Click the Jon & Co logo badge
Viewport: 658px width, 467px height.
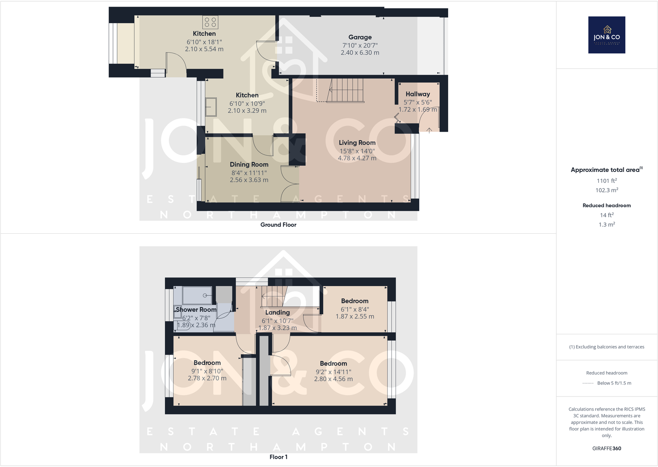coord(606,35)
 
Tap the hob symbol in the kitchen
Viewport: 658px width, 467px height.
coord(210,22)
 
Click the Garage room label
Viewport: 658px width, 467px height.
coord(360,37)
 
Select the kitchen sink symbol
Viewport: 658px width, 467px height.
coord(211,107)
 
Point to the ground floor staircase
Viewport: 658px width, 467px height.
coord(345,90)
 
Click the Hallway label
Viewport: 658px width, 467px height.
coord(418,94)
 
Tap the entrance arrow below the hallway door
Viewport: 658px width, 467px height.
coord(429,131)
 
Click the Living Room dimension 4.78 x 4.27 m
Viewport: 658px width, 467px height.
coord(357,158)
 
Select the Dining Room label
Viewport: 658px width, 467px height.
coord(249,165)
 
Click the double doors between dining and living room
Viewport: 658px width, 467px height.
coord(289,184)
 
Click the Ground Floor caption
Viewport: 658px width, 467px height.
coord(278,225)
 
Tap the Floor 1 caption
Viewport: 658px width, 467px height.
coord(278,457)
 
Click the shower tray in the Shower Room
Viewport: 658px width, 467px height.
coord(197,295)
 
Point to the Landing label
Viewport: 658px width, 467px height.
coord(277,312)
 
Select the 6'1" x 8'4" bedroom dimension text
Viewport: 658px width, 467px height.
coord(355,309)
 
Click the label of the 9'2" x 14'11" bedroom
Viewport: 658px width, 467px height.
coord(333,363)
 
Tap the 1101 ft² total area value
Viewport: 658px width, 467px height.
coord(606,181)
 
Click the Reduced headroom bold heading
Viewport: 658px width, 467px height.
coord(606,206)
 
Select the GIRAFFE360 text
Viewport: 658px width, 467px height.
coord(606,448)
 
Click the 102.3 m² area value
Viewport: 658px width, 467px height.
coord(606,190)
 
